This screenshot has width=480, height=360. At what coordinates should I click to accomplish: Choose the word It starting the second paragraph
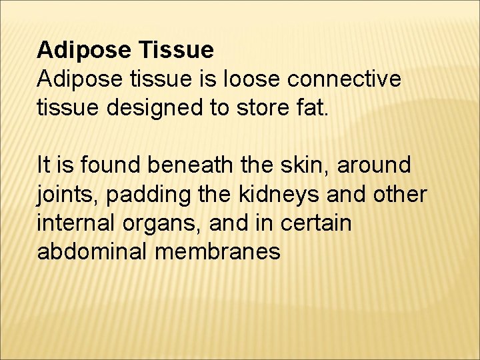(44, 164)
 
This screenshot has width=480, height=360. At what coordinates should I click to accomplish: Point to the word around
(374, 164)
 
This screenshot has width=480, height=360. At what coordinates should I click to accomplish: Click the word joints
(65, 193)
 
